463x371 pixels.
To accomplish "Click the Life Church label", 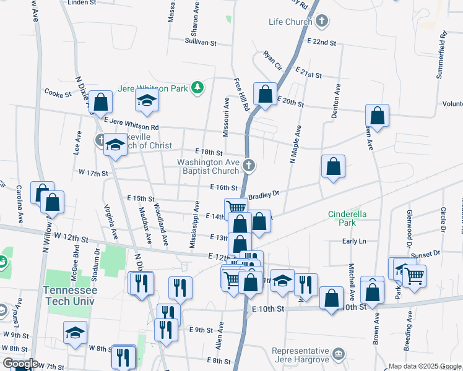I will [x=289, y=22].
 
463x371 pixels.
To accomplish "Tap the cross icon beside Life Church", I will [x=321, y=22].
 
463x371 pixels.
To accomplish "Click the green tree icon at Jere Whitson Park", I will [x=197, y=88].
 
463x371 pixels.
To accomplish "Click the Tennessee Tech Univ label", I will [x=70, y=295].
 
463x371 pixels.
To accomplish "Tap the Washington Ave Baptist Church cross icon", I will [x=249, y=164].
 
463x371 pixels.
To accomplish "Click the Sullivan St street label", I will [x=200, y=43].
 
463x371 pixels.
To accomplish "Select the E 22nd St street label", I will [x=321, y=43].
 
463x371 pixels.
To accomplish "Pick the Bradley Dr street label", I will [x=264, y=195].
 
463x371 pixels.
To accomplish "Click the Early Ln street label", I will [x=354, y=241].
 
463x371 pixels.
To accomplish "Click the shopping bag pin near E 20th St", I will [x=265, y=95].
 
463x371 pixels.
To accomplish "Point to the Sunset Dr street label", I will [x=425, y=254].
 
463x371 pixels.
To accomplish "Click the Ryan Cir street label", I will [x=272, y=61].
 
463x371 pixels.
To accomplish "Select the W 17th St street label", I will [x=93, y=174].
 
